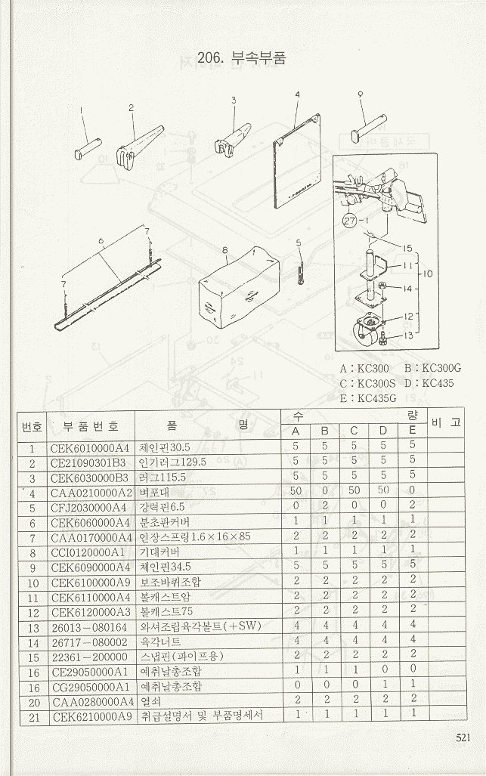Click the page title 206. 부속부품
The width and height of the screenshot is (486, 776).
point(241,58)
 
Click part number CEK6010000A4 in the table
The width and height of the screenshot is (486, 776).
point(90,447)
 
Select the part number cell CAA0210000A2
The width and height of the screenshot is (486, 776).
point(90,493)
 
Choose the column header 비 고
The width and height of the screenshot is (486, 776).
point(445,422)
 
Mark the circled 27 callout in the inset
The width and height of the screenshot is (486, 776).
point(349,221)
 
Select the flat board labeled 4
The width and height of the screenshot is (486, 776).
point(296,160)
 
